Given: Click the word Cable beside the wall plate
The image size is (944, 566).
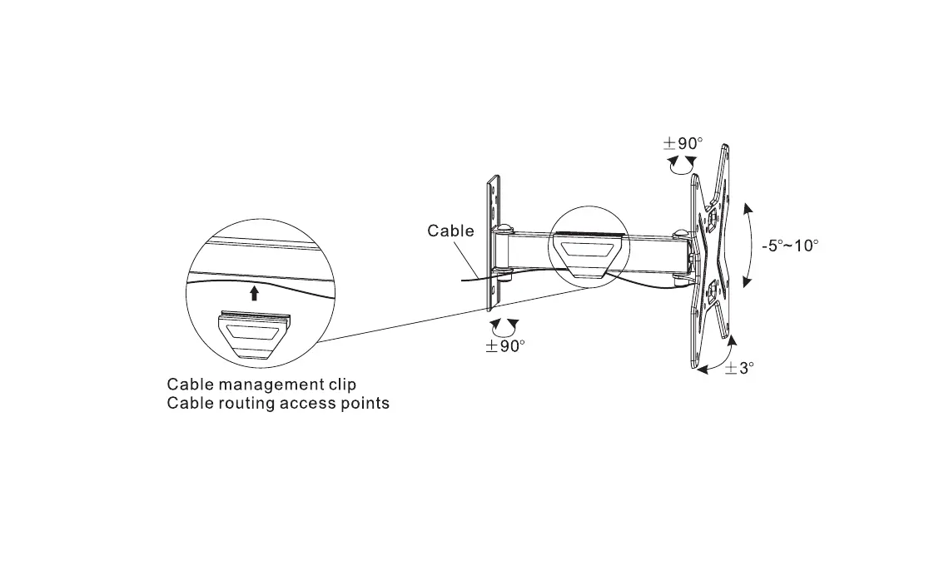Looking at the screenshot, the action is [450, 231].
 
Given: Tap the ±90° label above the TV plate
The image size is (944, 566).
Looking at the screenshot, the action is [683, 143].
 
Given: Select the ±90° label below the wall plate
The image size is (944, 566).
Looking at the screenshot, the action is [506, 345].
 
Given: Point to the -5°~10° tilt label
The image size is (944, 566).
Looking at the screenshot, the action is [790, 246].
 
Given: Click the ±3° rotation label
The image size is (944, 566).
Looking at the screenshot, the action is [738, 367].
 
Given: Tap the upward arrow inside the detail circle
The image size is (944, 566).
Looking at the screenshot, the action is [255, 291].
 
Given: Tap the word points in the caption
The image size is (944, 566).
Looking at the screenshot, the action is [360, 404].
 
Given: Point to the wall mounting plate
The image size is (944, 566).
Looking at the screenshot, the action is [494, 241].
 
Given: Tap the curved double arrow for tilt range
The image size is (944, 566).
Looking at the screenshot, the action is [748, 245].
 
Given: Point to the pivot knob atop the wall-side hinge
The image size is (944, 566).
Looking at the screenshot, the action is [505, 228].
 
